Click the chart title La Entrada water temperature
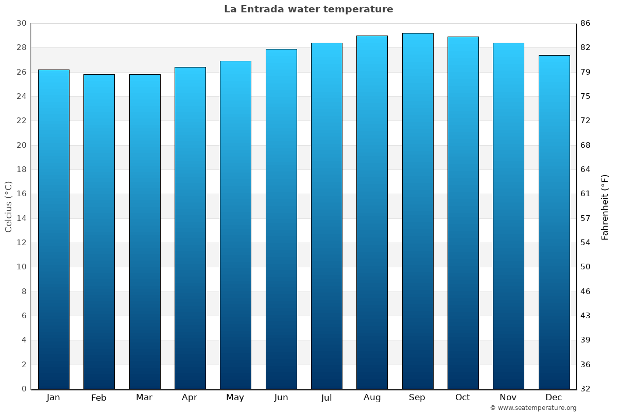(308, 9)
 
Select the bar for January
(54, 229)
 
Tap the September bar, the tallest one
(418, 211)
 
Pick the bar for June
(281, 219)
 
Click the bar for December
(554, 222)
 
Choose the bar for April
(190, 228)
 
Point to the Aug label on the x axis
(372, 398)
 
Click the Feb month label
(99, 398)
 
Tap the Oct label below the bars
(462, 398)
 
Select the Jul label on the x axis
(327, 398)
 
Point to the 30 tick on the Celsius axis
(21, 23)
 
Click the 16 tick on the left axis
(21, 194)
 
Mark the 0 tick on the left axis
(24, 389)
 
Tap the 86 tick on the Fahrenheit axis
(585, 23)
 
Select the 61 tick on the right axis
(585, 194)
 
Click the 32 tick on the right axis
(585, 389)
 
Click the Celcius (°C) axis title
(8, 207)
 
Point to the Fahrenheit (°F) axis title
(605, 207)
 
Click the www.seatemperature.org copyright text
(533, 408)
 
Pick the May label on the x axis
(235, 398)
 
